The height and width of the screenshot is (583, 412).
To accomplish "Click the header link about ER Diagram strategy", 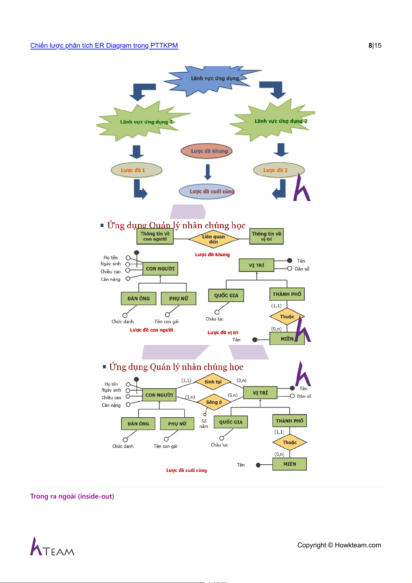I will pyautogui.click(x=104, y=46).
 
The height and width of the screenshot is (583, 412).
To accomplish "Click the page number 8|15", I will pyautogui.click(x=375, y=46).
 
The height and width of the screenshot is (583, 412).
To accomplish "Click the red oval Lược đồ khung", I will pyautogui.click(x=207, y=151).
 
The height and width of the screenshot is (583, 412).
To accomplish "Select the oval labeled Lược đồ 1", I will pyautogui.click(x=136, y=170).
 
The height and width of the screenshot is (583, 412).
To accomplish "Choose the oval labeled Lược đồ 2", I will pyautogui.click(x=279, y=170).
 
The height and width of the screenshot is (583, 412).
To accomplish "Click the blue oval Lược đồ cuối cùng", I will pyautogui.click(x=207, y=191).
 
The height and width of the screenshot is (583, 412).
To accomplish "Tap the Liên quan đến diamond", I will pyautogui.click(x=213, y=239).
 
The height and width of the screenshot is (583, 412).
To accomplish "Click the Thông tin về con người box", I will pyautogui.click(x=155, y=236).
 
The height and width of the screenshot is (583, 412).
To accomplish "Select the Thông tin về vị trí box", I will pyautogui.click(x=266, y=236).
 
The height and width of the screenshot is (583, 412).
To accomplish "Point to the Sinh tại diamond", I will pyautogui.click(x=213, y=382).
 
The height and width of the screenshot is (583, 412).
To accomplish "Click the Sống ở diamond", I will pyautogui.click(x=214, y=402).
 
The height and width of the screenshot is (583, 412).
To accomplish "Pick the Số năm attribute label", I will pyautogui.click(x=204, y=424).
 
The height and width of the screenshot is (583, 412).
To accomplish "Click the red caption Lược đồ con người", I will pyautogui.click(x=152, y=330).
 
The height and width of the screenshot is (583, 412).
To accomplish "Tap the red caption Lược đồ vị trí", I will pyautogui.click(x=223, y=333).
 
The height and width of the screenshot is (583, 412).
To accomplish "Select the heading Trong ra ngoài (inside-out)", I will pyautogui.click(x=72, y=497).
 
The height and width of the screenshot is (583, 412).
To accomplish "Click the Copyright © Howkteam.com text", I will pyautogui.click(x=339, y=545).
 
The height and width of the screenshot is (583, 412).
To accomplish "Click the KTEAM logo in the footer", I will pyautogui.click(x=52, y=547).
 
